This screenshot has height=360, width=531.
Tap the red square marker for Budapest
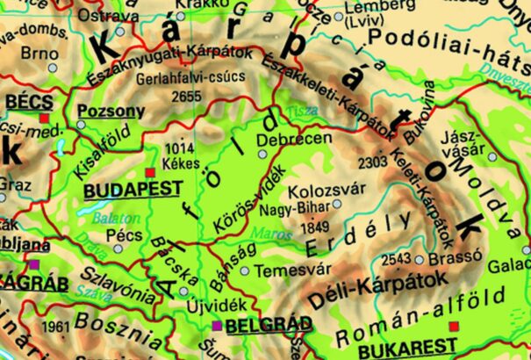click(150, 171)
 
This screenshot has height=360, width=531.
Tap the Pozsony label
click(111, 112)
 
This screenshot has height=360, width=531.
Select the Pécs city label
click(122, 236)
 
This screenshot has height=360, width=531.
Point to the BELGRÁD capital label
click(268, 326)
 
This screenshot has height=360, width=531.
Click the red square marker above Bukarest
click(453, 327)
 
